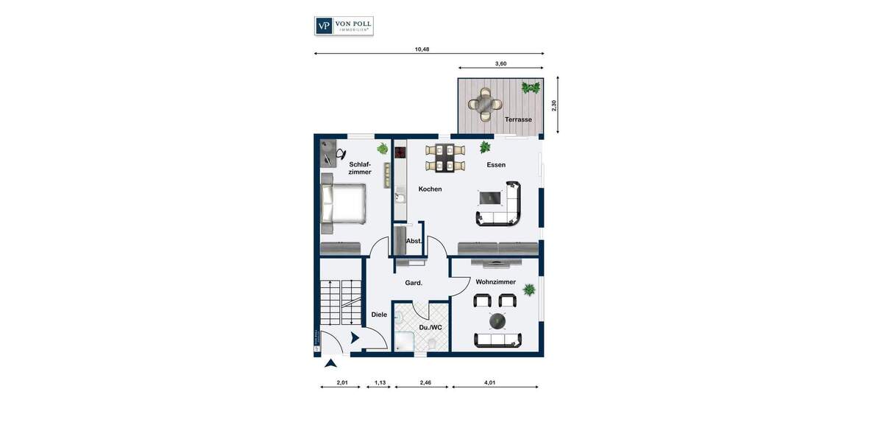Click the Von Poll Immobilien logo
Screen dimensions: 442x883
(x=344, y=26)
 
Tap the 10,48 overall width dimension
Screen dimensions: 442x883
(x=422, y=49)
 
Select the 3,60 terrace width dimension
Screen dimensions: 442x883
(x=500, y=64)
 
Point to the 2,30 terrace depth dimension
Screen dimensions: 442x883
(x=554, y=105)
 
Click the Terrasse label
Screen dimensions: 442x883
(x=518, y=119)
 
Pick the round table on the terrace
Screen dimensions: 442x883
(x=485, y=104)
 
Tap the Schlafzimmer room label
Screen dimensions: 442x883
(x=360, y=168)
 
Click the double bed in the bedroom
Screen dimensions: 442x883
(x=344, y=203)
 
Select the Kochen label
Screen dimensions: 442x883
(x=430, y=189)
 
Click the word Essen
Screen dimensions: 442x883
(x=496, y=165)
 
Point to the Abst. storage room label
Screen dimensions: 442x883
(x=414, y=241)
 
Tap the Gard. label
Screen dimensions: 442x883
(x=414, y=283)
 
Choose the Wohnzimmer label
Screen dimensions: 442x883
(x=495, y=282)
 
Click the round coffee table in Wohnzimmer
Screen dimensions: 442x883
(x=498, y=321)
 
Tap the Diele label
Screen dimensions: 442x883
(x=379, y=315)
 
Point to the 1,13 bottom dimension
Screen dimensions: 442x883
(x=380, y=382)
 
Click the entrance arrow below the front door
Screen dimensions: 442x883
(x=330, y=362)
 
